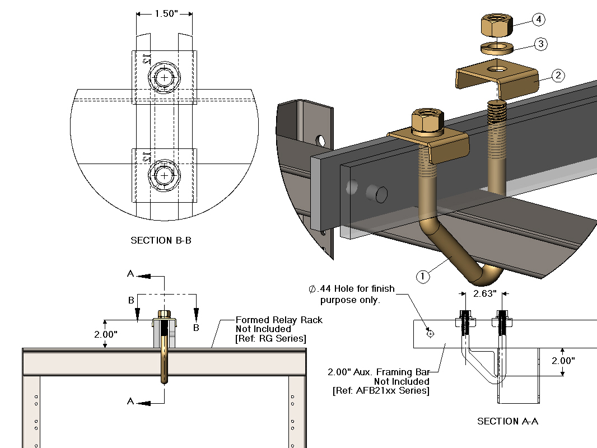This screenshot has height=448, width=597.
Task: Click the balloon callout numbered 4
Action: click(539, 20)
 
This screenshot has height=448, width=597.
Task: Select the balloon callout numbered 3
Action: click(540, 44)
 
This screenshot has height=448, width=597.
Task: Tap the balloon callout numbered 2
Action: click(557, 76)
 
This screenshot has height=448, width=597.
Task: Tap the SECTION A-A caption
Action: click(507, 421)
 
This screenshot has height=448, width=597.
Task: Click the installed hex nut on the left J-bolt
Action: click(428, 122)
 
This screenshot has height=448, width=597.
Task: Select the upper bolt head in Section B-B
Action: click(164, 77)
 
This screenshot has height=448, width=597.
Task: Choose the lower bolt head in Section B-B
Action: click(164, 175)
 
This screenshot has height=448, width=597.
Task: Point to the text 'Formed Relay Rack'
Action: click(279, 320)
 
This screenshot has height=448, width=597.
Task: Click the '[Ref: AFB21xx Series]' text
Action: click(381, 390)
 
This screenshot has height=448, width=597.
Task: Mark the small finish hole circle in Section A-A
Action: click(430, 334)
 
